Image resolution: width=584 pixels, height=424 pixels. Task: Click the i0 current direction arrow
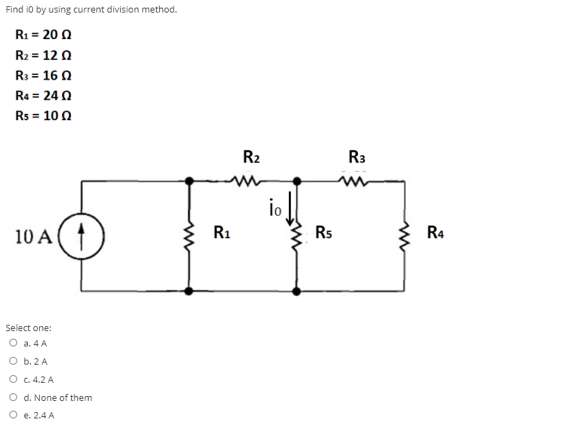290,208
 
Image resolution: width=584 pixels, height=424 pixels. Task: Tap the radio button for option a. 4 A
13,343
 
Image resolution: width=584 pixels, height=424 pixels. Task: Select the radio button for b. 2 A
13,360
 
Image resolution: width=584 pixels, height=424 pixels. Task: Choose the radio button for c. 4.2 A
13,379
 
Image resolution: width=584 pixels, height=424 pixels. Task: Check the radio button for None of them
13,397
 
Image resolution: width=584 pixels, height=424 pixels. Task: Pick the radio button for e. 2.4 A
13,414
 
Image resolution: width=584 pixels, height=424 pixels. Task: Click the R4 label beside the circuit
435,233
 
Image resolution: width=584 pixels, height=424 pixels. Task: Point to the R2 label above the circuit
251,156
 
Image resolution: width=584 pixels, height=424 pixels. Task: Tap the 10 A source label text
33,236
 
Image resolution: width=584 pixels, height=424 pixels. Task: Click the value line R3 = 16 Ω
43,75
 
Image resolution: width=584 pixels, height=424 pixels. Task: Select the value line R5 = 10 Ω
43,115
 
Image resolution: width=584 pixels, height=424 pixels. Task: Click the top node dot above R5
297,182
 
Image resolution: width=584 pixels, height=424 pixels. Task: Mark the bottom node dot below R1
189,291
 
